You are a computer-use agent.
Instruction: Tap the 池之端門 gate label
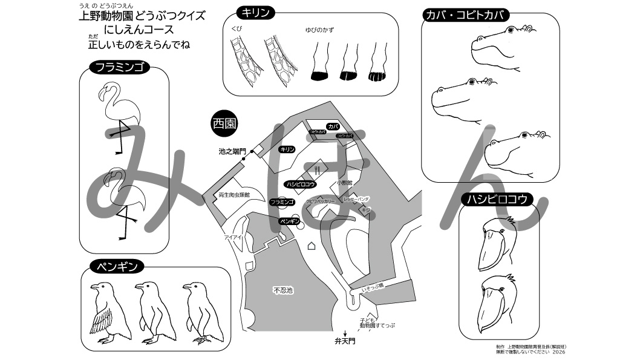(x=232, y=151)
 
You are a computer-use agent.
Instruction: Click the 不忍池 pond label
(x=282, y=290)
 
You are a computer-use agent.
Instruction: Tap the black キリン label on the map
(x=287, y=149)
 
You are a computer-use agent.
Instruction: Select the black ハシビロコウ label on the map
(x=301, y=183)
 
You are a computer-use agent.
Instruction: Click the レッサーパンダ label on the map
(x=356, y=198)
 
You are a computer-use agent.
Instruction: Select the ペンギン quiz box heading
(x=117, y=266)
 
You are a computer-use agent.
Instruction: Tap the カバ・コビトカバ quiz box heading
(x=465, y=15)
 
